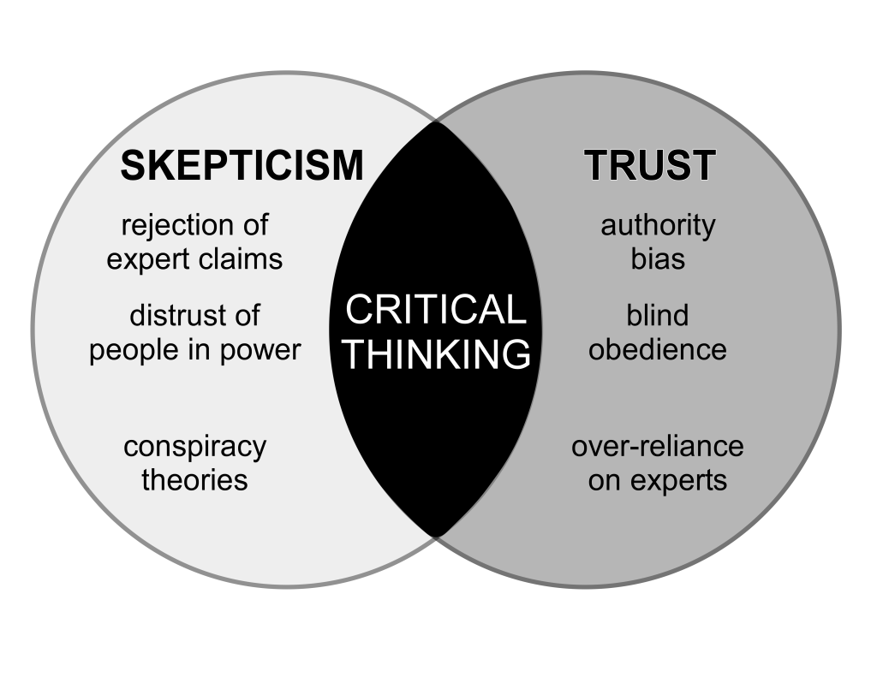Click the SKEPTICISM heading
(242, 165)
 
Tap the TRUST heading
(649, 165)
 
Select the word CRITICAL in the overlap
(435, 309)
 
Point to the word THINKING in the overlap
(435, 353)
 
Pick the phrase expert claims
(194, 258)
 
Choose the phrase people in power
(195, 349)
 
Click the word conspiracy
(194, 447)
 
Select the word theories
(194, 479)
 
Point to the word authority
(658, 226)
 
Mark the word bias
(658, 258)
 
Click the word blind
(657, 316)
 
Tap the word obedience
(657, 349)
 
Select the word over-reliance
(657, 447)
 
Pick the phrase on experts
(657, 479)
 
